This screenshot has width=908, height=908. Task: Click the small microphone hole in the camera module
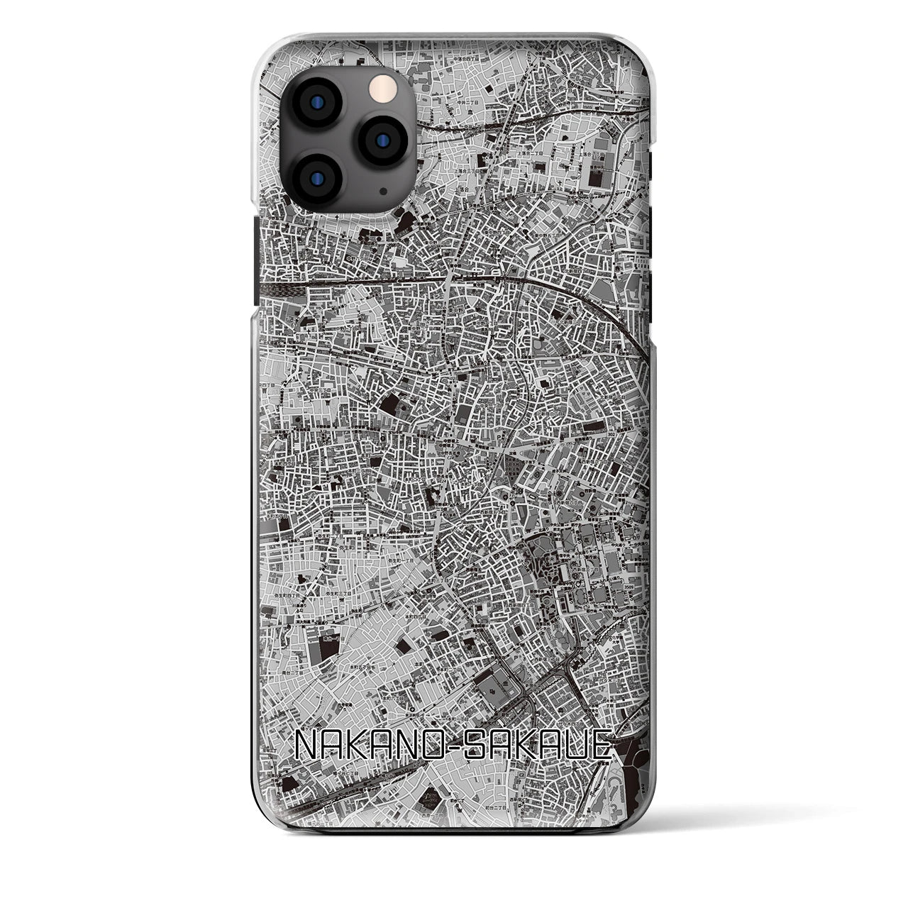[383, 191]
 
